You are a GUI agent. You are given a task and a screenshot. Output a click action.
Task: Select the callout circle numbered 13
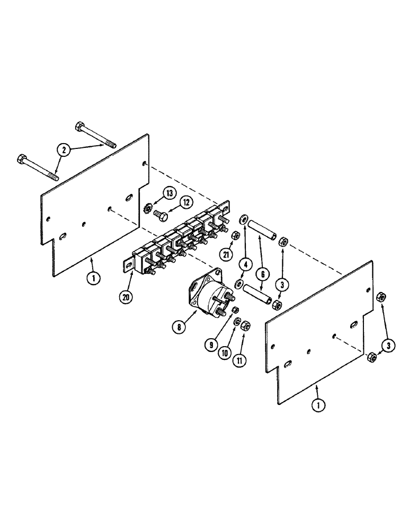click(169, 193)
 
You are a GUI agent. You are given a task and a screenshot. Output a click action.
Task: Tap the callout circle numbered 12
click(186, 201)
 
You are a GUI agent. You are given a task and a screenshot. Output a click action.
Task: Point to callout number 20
click(125, 297)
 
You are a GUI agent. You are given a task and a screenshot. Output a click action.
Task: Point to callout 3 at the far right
click(390, 346)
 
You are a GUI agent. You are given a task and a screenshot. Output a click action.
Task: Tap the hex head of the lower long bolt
click(22, 158)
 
